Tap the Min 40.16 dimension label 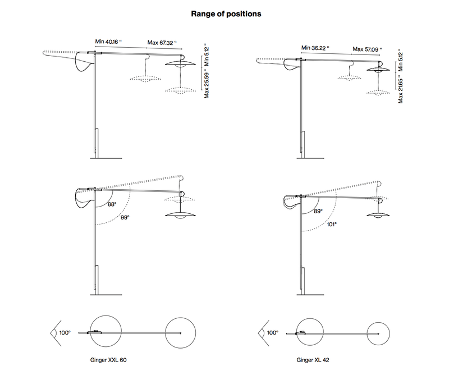coord(109,41)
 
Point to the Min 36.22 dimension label coord(315,48)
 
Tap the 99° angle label coord(124,217)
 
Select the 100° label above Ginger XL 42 coord(272,333)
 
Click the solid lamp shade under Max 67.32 coord(181,65)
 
